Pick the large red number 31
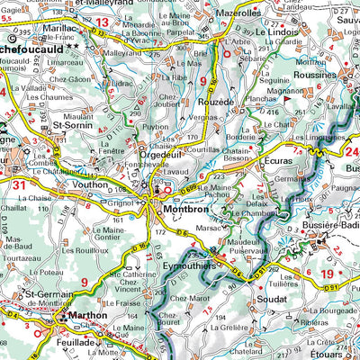point(20,184)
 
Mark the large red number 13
point(102,22)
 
